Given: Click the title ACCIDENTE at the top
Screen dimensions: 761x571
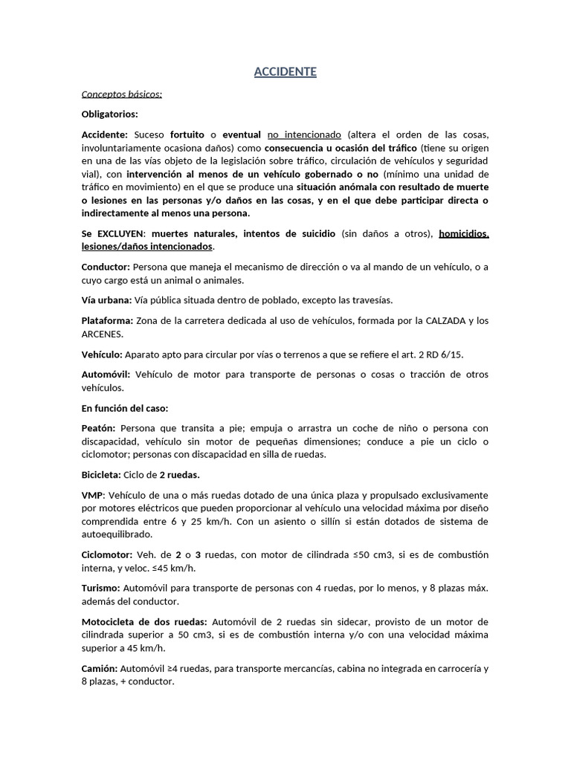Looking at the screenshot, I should pos(285,71).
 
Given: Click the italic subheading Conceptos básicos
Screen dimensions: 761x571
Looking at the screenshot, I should pos(121,94).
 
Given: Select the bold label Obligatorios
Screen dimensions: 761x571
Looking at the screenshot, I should pos(109,114).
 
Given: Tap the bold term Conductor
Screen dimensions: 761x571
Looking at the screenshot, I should pos(106,266).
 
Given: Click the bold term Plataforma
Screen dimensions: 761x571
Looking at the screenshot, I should pos(107,320).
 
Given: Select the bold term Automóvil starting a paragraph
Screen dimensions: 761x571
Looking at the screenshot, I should pos(106,375).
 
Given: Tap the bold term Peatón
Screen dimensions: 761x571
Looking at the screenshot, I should pos(98,428).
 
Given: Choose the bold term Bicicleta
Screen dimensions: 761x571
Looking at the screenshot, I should pos(103,474).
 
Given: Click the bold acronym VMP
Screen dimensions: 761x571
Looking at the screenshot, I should pos(93,495).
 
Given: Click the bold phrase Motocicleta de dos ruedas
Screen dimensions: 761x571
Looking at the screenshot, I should pos(145,621).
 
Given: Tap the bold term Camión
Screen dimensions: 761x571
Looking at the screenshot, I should pos(100,668).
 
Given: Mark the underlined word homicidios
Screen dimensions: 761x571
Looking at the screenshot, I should pos(464,233).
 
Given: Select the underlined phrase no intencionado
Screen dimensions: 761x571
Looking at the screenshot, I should pos(303,135).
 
